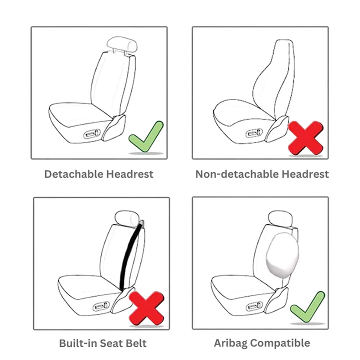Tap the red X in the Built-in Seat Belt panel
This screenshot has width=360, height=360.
click(146, 308)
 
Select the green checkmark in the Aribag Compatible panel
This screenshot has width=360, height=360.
click(307, 308)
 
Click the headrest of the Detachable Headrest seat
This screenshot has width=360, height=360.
click(122, 44)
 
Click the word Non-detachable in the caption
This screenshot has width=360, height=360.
click(237, 174)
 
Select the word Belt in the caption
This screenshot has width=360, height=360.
click(136, 344)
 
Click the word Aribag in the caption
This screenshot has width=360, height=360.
click(231, 344)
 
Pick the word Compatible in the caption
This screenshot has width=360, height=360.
click(280, 344)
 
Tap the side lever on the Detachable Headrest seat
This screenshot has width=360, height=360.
click(93, 134)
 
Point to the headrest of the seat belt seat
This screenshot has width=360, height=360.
click(127, 219)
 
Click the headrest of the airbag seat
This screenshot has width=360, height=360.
click(280, 219)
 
